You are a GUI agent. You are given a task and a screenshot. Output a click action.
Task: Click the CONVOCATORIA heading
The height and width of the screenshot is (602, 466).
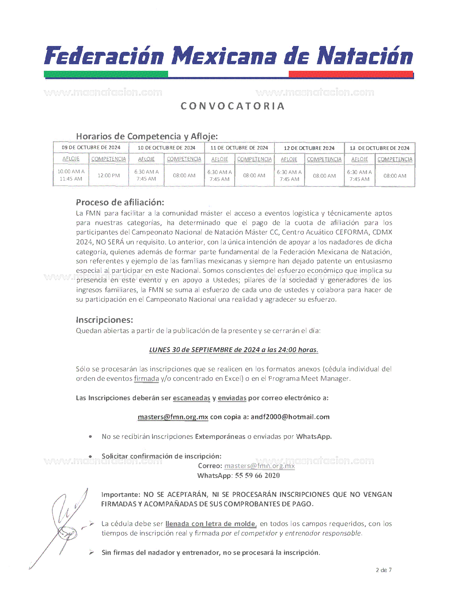pyautogui.click(x=233, y=106)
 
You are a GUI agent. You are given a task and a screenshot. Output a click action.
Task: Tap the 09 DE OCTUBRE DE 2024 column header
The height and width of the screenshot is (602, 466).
pyautogui.click(x=91, y=147)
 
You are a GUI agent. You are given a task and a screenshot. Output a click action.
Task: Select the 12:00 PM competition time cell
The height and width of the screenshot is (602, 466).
pyautogui.click(x=109, y=175)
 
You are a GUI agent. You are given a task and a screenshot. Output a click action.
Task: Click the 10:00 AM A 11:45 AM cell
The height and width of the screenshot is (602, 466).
pyautogui.click(x=71, y=175)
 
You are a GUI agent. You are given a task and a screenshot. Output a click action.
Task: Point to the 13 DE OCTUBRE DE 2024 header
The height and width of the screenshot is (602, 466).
pyautogui.click(x=379, y=148)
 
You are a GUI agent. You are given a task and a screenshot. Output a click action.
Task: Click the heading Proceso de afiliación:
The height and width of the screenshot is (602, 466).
pyautogui.click(x=120, y=202)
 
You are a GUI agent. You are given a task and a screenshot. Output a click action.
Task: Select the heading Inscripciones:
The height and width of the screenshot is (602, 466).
pyautogui.click(x=104, y=320)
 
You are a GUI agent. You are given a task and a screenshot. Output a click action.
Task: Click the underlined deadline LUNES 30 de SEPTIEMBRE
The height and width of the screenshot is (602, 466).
pyautogui.click(x=234, y=350)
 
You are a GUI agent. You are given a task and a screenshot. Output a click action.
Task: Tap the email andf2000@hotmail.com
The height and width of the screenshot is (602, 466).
pyautogui.click(x=290, y=417)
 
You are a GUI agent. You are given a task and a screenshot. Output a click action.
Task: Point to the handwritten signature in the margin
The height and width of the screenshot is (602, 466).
pyautogui.click(x=66, y=525)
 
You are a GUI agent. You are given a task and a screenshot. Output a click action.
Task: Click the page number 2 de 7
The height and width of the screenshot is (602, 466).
pyautogui.click(x=383, y=570)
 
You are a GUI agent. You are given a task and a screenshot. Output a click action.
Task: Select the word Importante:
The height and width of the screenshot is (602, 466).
pyautogui.click(x=121, y=494)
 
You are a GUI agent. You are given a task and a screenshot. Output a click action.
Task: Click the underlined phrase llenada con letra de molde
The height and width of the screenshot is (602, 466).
pyautogui.click(x=211, y=524)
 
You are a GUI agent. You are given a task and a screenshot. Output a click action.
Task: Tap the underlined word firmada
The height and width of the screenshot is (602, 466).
pyautogui.click(x=146, y=378)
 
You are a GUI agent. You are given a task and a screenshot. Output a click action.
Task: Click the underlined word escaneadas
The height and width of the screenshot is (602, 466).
pyautogui.click(x=192, y=398)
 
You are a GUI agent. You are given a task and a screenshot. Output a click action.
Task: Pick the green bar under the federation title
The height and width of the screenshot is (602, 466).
pyautogui.click(x=106, y=74)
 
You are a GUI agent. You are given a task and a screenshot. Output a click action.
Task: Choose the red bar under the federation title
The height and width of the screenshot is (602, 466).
pyautogui.click(x=351, y=74)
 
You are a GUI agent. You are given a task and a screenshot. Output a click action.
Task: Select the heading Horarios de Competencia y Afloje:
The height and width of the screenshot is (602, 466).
pyautogui.click(x=147, y=136)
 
